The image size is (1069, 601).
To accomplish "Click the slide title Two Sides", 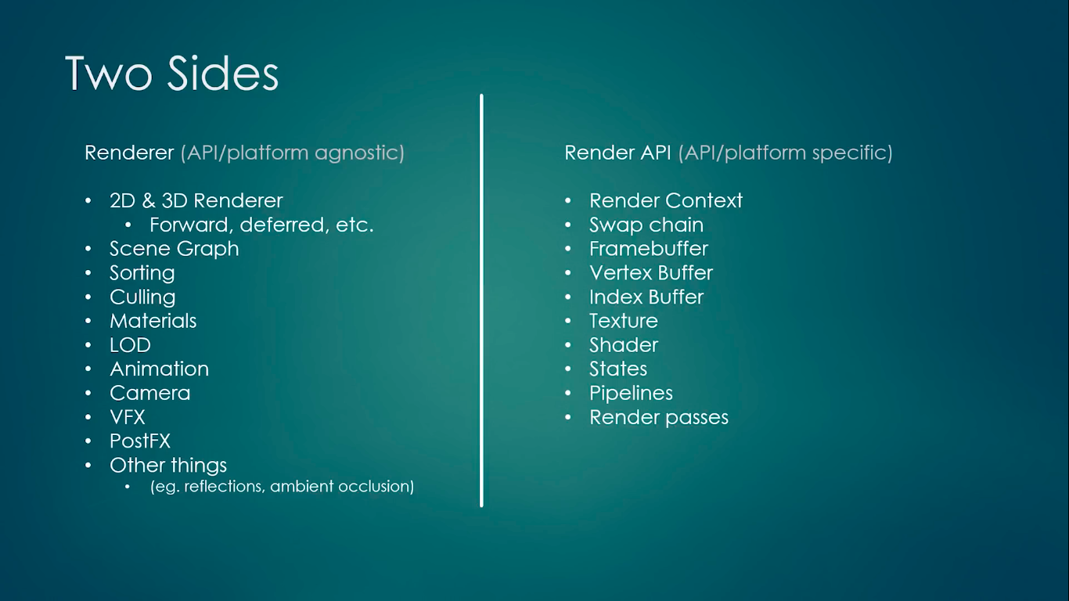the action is [172, 73].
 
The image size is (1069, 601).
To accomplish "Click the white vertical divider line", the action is [481, 300].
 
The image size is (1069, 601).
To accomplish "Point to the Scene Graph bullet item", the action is [175, 249].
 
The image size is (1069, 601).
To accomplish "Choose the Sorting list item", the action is [142, 273].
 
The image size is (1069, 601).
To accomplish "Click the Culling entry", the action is [142, 297].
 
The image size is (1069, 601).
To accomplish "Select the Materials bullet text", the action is [153, 321].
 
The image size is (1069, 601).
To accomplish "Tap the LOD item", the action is [130, 345].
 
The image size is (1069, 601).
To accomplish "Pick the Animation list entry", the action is [160, 369].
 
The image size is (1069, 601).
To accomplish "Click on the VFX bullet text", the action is [128, 417].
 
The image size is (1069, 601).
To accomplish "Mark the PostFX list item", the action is [140, 441].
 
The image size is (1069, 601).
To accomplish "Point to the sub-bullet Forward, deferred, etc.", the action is [261, 225].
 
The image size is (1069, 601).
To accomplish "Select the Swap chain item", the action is [646, 225].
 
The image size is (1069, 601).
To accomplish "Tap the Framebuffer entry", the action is [649, 249].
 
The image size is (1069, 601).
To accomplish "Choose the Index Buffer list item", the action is [646, 297].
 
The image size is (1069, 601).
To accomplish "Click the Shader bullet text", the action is [624, 345].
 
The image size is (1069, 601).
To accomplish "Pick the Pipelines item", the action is [632, 394].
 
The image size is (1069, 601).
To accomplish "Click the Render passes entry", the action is [659, 418].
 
